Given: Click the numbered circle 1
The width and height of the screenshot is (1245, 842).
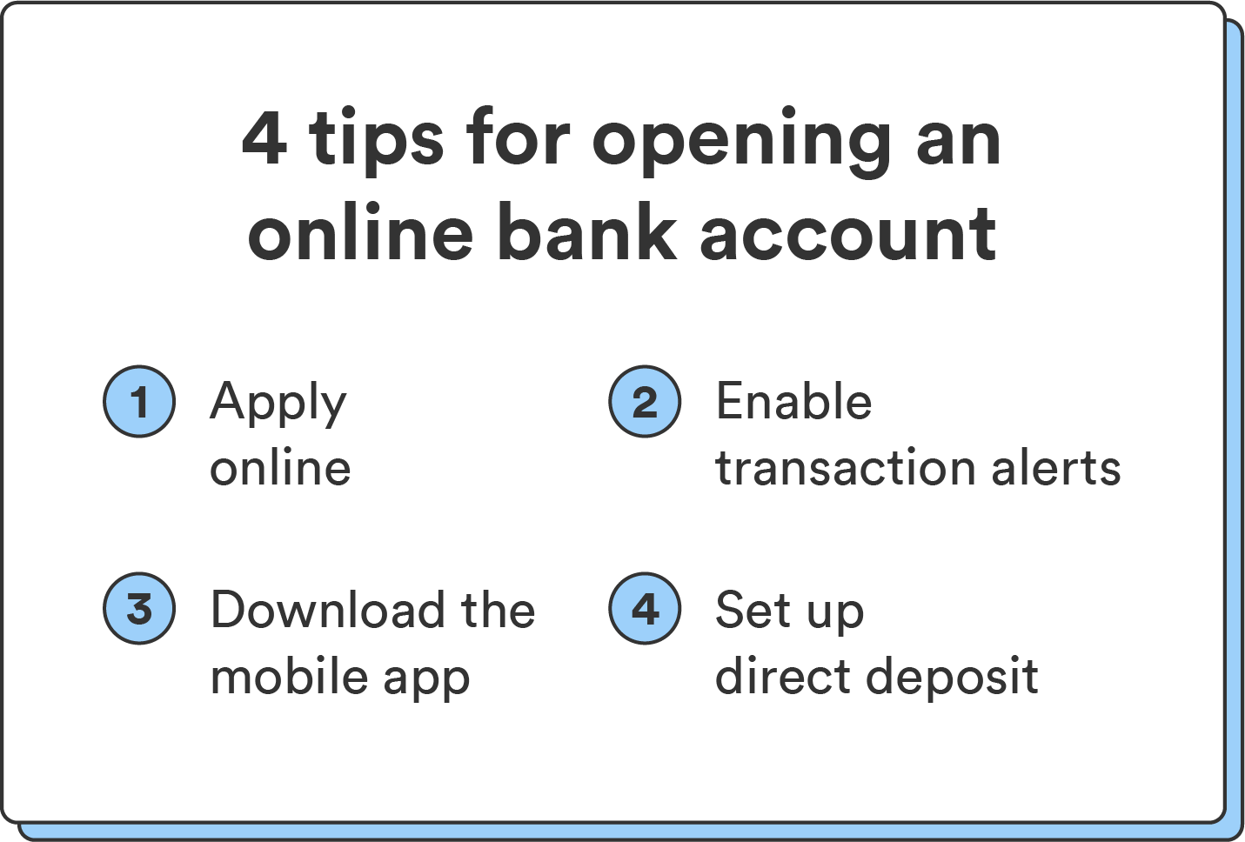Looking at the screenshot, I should [139, 401].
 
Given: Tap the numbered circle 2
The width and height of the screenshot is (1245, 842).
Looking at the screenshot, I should [645, 401].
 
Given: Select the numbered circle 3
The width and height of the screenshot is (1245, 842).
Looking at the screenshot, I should [139, 608].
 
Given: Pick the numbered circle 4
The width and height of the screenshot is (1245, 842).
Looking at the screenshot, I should [645, 608].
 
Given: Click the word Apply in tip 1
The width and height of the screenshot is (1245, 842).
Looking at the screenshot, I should [278, 404].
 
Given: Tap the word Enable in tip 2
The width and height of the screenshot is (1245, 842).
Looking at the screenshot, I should [793, 402].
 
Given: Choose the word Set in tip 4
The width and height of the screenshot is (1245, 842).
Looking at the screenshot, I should [753, 610].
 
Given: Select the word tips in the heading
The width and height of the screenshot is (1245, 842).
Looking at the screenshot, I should [377, 139].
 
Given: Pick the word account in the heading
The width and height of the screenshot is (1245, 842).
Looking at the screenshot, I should [848, 234].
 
